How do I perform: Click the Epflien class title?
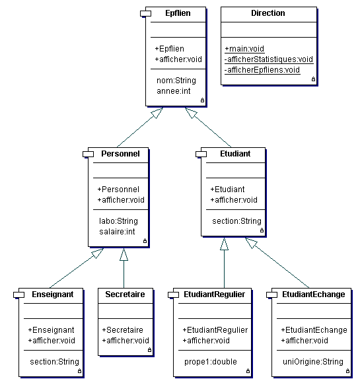tap(178, 13)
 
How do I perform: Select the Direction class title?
tap(268, 13)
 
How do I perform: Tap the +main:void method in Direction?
tap(244, 49)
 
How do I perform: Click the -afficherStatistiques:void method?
tap(269, 59)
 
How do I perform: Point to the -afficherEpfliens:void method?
tap(262, 70)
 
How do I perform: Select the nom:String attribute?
tap(176, 81)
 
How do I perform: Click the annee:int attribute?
tap(174, 91)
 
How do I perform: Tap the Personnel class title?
tap(120, 154)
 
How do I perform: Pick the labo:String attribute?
tap(118, 221)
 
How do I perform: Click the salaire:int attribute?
tap(117, 232)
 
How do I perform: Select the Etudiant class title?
tap(235, 154)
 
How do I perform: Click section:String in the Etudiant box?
tap(236, 221)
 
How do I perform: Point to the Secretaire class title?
tap(125, 294)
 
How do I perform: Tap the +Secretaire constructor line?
tap(122, 330)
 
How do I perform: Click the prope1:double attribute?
tap(211, 362)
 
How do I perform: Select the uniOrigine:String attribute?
tap(313, 362)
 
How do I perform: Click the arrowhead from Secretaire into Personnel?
tap(124, 254)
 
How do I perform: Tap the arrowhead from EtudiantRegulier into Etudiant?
tap(224, 244)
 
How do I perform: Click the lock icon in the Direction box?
tap(313, 79)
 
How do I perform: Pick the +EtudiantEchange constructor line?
tap(314, 330)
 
